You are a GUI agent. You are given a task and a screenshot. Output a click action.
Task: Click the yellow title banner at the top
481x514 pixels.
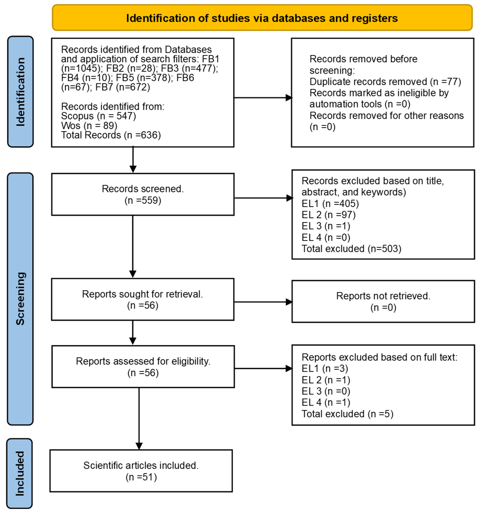click(262, 18)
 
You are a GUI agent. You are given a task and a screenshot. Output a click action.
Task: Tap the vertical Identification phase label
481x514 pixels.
click(20, 92)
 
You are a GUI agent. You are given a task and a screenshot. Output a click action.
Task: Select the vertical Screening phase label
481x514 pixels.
click(20, 299)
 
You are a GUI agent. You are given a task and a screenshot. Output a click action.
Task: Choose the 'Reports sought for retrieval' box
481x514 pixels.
click(143, 299)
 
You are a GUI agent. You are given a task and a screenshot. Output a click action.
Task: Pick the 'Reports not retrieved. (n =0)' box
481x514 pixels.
click(383, 302)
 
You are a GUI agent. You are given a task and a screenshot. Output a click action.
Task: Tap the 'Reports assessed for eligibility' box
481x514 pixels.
click(143, 367)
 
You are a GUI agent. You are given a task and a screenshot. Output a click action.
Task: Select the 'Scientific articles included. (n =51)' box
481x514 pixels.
click(141, 471)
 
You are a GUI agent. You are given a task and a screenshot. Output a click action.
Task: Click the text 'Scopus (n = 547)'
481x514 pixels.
click(98, 116)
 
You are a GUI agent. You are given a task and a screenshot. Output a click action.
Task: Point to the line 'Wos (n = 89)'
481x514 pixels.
click(89, 126)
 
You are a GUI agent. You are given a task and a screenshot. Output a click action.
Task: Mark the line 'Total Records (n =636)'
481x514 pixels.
click(111, 135)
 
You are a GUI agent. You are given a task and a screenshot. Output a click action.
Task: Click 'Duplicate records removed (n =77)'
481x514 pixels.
click(385, 82)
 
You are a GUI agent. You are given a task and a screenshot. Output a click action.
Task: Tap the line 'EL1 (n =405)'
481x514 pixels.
click(330, 204)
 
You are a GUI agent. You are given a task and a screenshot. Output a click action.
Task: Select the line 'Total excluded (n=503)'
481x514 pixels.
click(351, 249)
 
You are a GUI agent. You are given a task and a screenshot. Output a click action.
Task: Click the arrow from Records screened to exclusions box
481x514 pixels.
click(264, 198)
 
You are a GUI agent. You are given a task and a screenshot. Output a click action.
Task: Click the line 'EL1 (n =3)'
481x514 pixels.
click(325, 368)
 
